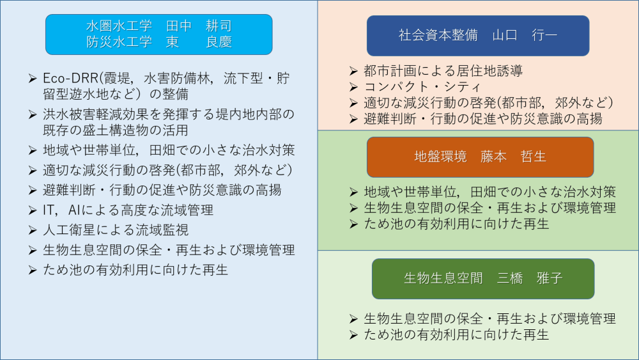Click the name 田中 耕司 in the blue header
(x=199, y=26)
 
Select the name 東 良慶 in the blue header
(x=199, y=42)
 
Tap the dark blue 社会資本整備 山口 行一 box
(x=478, y=36)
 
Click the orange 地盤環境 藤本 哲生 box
(x=480, y=157)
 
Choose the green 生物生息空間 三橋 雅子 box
(x=483, y=278)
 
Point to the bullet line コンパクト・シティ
(x=422, y=87)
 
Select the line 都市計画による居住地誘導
(x=443, y=71)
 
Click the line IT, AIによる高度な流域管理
(x=128, y=210)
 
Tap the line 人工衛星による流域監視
(x=116, y=230)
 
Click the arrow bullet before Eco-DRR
(x=33, y=78)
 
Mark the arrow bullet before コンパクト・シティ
(x=353, y=87)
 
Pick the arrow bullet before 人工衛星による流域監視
(x=33, y=230)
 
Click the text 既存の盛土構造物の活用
(x=116, y=130)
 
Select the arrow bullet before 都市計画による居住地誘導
(x=353, y=71)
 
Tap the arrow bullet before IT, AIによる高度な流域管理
(x=33, y=210)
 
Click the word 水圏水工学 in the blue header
(x=119, y=26)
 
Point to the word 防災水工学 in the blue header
(x=119, y=42)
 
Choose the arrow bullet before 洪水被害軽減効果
(x=33, y=114)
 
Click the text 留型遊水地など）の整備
(x=116, y=94)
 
